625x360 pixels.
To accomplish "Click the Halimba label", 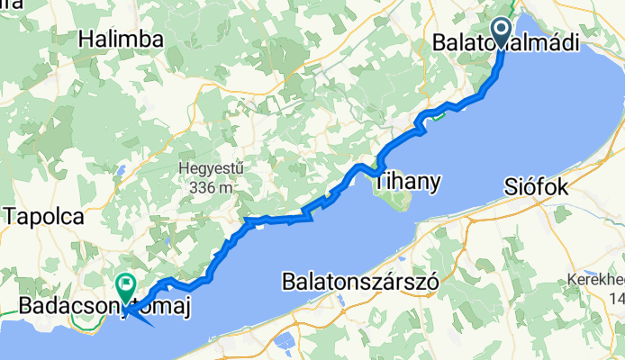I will pyautogui.click(x=120, y=39).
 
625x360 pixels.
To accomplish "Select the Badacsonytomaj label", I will pyautogui.click(x=106, y=309).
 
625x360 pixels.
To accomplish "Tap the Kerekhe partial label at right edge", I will pyautogui.click(x=595, y=281).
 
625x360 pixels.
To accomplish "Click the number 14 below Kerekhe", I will pyautogui.click(x=616, y=297).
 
